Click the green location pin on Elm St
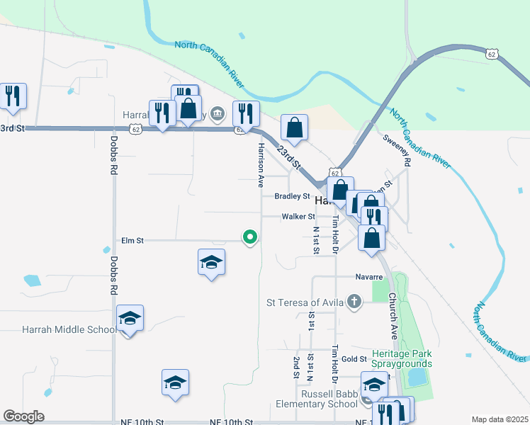coord(249,237)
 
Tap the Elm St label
coord(132,241)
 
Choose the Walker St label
coord(298,217)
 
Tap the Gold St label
coord(352,360)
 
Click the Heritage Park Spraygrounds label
coord(402,359)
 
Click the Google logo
coord(23,416)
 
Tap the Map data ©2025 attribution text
coord(500,419)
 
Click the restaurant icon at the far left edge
coord(12,96)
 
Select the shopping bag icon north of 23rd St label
coord(294,128)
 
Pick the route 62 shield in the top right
coord(493,53)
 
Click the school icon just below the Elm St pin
coord(211,263)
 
